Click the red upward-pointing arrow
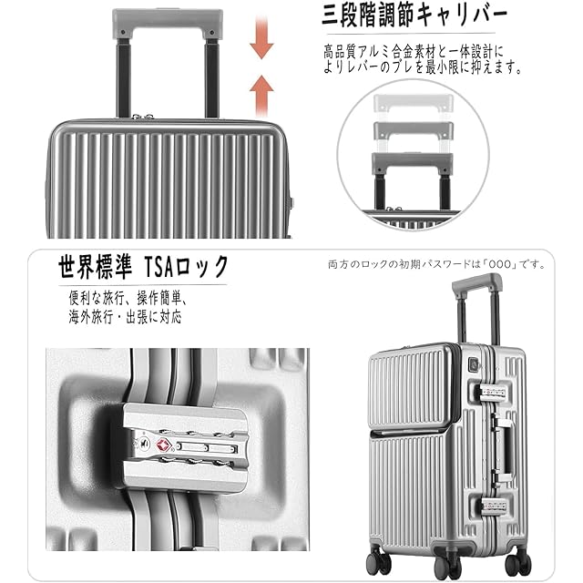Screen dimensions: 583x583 262,92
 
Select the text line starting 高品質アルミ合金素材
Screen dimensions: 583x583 414,52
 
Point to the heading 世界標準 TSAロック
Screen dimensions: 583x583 143,267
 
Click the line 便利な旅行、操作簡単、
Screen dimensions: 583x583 127,298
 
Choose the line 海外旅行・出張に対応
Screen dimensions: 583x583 125,317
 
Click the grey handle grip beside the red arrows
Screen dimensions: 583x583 169,22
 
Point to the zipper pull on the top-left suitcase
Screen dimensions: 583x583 138,117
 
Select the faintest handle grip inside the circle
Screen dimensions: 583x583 411,103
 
